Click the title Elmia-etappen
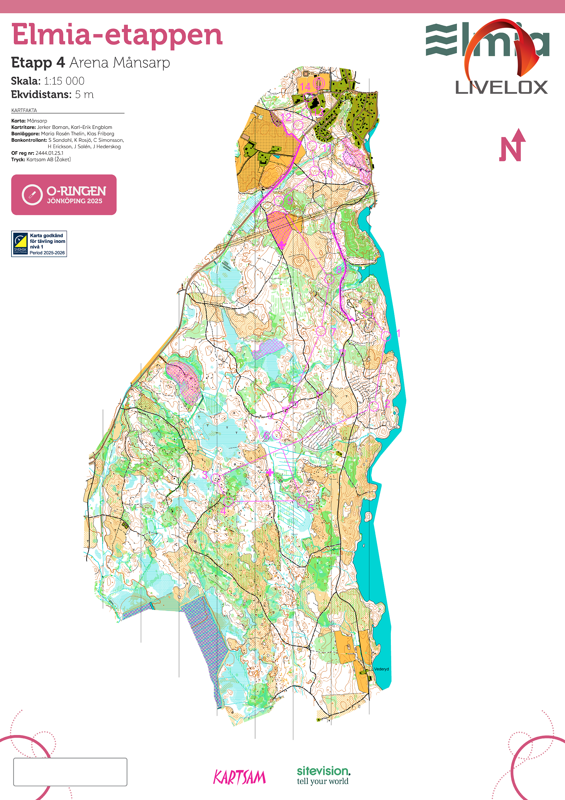(x=117, y=35)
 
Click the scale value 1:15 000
(x=64, y=81)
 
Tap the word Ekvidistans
(x=41, y=94)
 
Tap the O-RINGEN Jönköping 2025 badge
(x=64, y=195)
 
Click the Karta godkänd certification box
(x=39, y=244)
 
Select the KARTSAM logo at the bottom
(x=239, y=777)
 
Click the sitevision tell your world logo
(x=323, y=776)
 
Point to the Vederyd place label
(x=381, y=669)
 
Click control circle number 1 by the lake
(x=385, y=336)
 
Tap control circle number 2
(x=374, y=406)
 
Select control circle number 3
(x=216, y=478)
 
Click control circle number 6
(x=277, y=434)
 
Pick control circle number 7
(x=321, y=331)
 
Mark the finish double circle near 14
(x=319, y=83)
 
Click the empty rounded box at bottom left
(x=70, y=772)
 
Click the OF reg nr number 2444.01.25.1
(x=49, y=153)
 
